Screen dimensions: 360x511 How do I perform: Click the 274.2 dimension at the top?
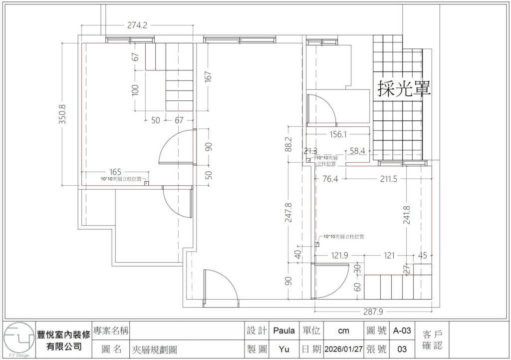pos(137,26)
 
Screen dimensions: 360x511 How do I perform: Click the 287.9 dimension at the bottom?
pos(373,312)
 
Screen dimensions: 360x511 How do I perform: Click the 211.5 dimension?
pos(388,179)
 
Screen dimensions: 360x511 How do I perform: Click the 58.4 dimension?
pos(357,150)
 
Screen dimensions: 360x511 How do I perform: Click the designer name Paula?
pos(284,331)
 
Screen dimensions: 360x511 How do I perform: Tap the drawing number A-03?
pos(402,331)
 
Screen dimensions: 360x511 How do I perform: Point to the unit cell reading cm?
pos(343,331)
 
